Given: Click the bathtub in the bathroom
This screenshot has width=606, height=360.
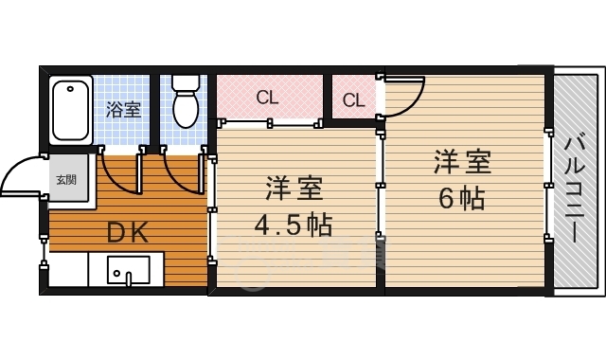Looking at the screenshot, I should (x=69, y=110).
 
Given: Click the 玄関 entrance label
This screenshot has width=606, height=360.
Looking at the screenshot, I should (x=65, y=179).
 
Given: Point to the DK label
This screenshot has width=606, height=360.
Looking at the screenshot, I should (x=126, y=232).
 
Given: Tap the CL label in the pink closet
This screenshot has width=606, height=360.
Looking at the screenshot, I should (x=267, y=96).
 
